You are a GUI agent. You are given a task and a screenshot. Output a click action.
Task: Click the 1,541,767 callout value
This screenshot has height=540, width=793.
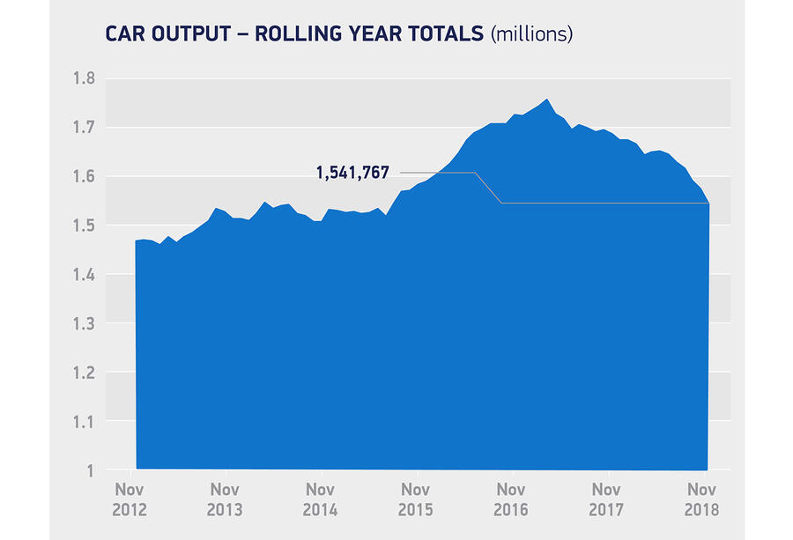click(x=352, y=174)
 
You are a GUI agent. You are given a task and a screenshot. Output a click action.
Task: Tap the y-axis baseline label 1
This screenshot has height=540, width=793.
click(x=91, y=471)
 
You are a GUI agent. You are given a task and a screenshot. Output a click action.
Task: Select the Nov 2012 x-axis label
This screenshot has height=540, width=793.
click(x=130, y=499)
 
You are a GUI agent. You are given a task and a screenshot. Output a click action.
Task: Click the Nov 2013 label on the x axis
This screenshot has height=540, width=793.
click(x=225, y=499)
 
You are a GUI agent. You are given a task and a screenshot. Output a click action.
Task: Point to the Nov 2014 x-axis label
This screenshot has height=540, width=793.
click(x=321, y=499)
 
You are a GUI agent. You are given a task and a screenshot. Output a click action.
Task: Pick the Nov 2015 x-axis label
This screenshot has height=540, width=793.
click(x=416, y=499)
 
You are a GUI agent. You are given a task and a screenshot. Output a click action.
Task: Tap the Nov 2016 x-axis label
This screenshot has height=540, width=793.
click(x=511, y=499)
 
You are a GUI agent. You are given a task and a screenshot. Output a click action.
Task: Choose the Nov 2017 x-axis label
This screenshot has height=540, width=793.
click(x=606, y=499)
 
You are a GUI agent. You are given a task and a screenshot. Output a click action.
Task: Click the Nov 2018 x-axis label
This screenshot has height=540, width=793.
click(x=701, y=499)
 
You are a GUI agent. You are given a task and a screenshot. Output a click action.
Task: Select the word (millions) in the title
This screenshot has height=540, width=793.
click(x=531, y=34)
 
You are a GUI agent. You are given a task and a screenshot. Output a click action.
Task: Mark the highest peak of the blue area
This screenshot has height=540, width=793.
click(x=547, y=100)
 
